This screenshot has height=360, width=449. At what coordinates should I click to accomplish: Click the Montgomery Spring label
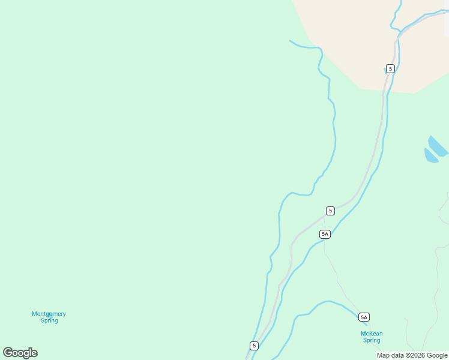(49, 317)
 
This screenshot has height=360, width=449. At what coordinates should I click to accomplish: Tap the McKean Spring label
(372, 337)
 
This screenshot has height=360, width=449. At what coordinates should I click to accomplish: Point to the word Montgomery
(49, 314)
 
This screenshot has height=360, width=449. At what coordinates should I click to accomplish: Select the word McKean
(372, 334)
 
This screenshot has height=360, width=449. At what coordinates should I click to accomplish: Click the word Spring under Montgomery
(49, 320)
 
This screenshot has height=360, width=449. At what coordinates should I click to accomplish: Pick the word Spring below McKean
(372, 341)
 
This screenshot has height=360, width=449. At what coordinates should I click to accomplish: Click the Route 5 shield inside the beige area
(391, 68)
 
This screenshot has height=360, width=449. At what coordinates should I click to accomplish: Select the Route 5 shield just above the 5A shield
(330, 211)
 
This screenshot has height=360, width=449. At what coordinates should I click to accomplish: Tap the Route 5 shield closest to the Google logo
(254, 346)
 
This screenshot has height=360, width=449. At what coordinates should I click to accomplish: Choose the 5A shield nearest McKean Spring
(364, 317)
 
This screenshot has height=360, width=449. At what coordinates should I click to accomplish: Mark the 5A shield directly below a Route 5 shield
(325, 234)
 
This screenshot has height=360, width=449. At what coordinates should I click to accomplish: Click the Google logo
(20, 353)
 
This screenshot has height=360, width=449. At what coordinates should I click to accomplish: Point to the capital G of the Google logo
(8, 353)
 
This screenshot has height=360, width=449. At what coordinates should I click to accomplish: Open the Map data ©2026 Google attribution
(412, 355)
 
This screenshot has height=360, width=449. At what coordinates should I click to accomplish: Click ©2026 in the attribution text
(417, 355)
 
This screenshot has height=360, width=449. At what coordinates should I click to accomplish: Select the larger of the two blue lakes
(438, 146)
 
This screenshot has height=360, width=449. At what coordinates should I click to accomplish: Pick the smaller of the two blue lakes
(430, 156)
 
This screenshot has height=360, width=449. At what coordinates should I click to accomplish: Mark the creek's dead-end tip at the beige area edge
(290, 41)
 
